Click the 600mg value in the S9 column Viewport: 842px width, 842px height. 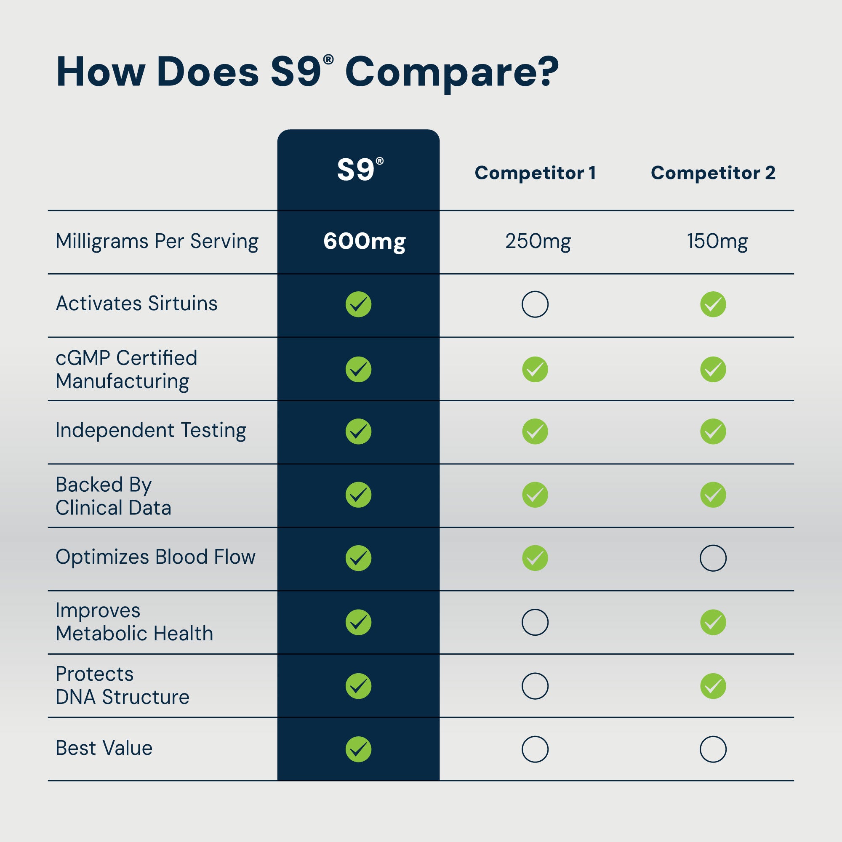tap(364, 241)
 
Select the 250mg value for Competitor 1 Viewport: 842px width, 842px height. tap(538, 241)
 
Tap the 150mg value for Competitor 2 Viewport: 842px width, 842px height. tap(717, 241)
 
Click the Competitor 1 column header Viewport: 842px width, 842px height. tap(535, 173)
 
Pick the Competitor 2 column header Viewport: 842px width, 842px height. tap(713, 173)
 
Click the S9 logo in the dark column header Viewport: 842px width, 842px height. tap(359, 169)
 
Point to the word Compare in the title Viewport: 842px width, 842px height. tap(451, 72)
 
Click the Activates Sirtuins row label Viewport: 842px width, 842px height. tap(136, 303)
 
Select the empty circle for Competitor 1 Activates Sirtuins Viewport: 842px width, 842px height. tap(535, 304)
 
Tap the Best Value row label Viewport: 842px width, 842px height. tap(104, 748)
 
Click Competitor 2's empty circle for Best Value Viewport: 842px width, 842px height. tap(713, 749)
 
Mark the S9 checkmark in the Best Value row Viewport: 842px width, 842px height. tap(358, 749)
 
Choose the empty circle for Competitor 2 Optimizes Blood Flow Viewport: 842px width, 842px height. tap(713, 558)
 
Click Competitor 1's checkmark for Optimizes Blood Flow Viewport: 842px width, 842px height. tap(535, 558)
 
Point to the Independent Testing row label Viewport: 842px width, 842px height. tap(150, 431)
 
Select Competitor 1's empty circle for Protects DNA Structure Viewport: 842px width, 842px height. tap(535, 686)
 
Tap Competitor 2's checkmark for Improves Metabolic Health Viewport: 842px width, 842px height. tap(713, 622)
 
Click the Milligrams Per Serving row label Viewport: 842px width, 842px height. tap(157, 241)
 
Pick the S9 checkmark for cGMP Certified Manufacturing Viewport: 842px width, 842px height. tap(358, 370)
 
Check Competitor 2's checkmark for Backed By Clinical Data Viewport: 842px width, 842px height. tap(713, 495)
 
